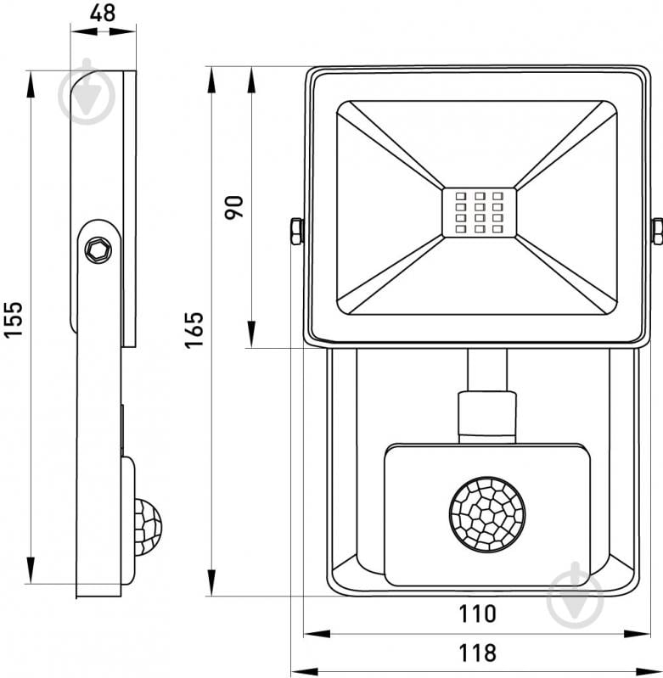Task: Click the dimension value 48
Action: click(102, 14)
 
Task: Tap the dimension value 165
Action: click(194, 328)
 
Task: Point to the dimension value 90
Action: click(234, 207)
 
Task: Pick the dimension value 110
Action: click(476, 613)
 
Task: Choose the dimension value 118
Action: click(476, 653)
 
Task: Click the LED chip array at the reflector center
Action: click(480, 212)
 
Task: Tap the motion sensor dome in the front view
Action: click(486, 514)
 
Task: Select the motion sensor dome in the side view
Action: click(147, 526)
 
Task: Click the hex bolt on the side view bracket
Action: click(98, 249)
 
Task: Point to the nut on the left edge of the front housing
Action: click(296, 231)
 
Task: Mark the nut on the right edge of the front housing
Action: click(657, 231)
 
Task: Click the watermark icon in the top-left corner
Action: click(87, 92)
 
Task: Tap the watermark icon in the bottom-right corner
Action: click(575, 593)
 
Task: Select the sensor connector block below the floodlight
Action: click(486, 415)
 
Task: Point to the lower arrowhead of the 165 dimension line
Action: click(211, 583)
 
